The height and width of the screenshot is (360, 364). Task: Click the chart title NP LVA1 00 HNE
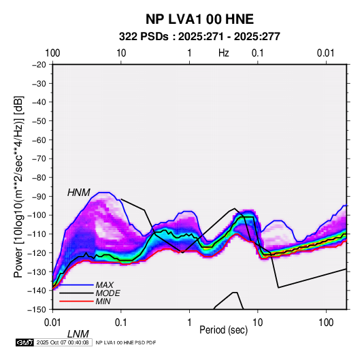point(199,19)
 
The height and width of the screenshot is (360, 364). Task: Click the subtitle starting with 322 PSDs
point(199,37)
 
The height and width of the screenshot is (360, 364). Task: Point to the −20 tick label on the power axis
point(39,65)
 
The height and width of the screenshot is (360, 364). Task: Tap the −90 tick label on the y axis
point(39,196)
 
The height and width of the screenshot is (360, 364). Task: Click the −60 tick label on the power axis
point(39,140)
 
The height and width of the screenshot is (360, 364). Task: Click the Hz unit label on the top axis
point(224,53)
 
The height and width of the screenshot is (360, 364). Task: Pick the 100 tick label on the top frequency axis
point(52,53)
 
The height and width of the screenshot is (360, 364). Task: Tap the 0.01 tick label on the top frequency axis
point(326,53)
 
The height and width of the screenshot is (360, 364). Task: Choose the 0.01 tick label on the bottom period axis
point(53,323)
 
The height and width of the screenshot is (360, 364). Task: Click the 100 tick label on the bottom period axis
point(326,323)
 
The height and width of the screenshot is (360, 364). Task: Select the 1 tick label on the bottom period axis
point(189,323)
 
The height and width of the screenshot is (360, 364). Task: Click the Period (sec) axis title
point(224,330)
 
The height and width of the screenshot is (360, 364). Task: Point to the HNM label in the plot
point(79,193)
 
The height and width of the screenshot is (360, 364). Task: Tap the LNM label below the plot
point(78,334)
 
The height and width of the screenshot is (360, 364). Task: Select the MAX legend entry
point(105,284)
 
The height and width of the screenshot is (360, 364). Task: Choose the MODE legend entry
point(107,293)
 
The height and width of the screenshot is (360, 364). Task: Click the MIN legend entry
point(103,301)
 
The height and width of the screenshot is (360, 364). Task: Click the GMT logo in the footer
point(24,342)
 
